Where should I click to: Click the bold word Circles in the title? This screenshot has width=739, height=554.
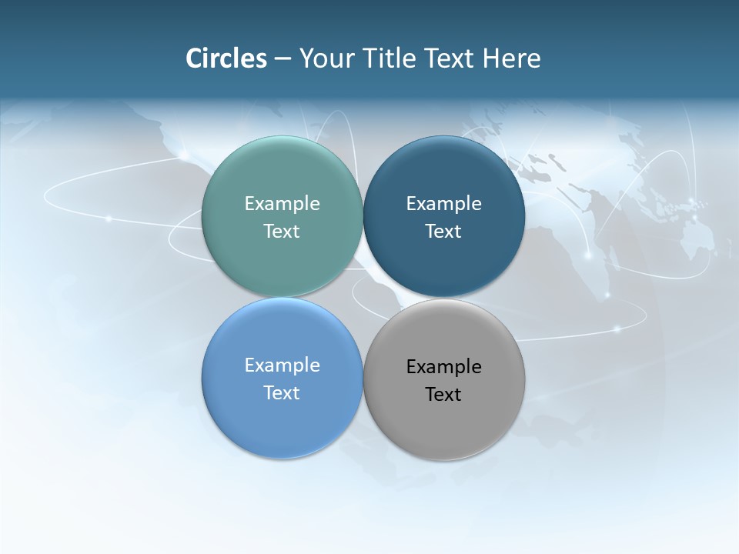coord(226,58)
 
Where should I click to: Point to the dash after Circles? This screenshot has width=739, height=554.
coord(283,59)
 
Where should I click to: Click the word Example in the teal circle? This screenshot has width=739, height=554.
coord(282,204)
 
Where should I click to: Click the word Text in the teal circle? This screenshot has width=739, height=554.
coord(282,232)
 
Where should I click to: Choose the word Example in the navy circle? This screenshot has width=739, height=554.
coord(443,204)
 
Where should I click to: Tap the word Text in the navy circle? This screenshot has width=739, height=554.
coord(443,232)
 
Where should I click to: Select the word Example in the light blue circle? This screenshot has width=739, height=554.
coord(282,365)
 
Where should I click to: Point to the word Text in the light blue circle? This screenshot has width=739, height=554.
coord(282,393)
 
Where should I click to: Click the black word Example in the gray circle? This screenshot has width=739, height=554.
coord(443,367)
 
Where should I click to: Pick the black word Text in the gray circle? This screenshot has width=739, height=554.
coord(443,395)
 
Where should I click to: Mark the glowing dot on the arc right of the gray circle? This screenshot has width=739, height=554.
coord(617,329)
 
